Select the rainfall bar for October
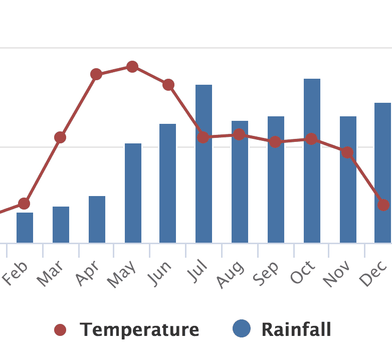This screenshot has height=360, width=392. tap(312, 161)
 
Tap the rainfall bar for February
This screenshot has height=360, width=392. tap(25, 228)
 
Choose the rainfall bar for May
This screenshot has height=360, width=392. tap(133, 193)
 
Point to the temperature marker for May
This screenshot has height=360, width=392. tap(132, 67)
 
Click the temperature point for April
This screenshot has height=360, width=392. tap(96, 75)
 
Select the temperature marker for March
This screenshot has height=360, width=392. tap(60, 137)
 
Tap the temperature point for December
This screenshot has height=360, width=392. tap(383, 205)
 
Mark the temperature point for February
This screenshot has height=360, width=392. tap(24, 204)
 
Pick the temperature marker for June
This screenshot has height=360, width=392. tap(168, 85)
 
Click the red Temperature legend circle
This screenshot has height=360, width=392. tap(60, 330)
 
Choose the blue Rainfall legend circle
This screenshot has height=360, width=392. tap(242, 329)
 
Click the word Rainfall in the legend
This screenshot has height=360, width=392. tap(296, 330)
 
